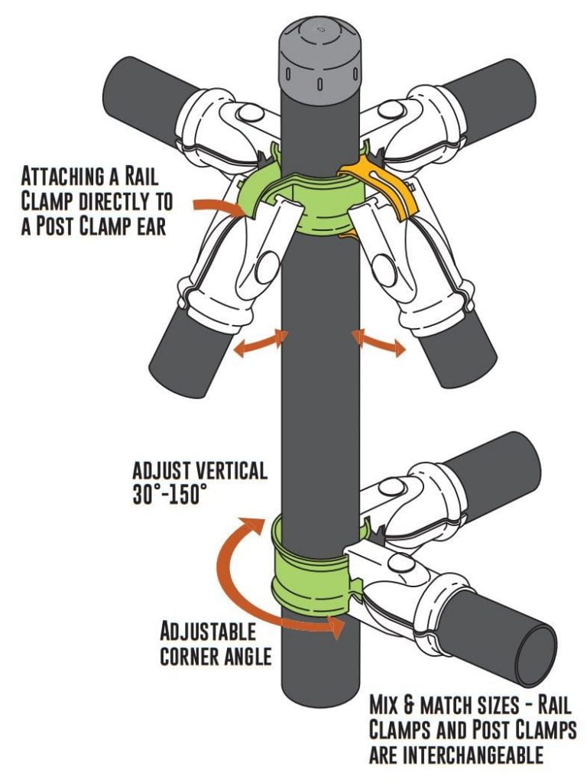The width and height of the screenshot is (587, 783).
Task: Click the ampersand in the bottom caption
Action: (x=421, y=703)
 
